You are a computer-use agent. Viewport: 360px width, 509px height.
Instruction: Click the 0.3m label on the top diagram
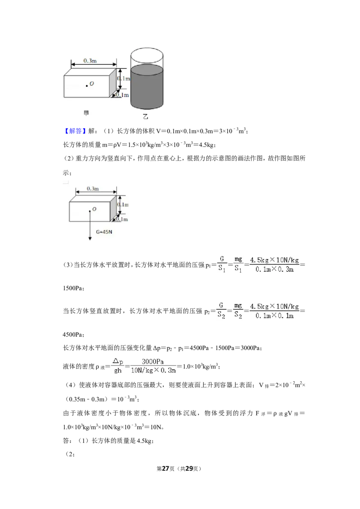click(x=90, y=61)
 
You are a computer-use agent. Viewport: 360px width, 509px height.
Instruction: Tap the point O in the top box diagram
click(x=87, y=86)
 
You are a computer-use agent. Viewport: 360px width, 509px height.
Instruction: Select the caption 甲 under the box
click(x=86, y=113)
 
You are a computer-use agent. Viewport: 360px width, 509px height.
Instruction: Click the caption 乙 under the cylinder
click(x=145, y=116)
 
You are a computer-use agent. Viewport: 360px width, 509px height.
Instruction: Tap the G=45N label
click(x=104, y=232)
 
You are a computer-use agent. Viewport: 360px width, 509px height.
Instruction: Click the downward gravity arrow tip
click(x=90, y=240)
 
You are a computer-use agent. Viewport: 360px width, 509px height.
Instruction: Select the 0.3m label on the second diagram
click(x=93, y=188)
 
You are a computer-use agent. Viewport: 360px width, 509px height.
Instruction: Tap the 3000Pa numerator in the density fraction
click(x=153, y=362)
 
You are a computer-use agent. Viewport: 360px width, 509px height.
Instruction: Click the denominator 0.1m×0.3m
click(x=274, y=269)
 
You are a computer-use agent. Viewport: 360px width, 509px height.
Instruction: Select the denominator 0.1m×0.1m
click(x=274, y=316)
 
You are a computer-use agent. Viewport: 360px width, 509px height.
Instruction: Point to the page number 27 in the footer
click(x=166, y=469)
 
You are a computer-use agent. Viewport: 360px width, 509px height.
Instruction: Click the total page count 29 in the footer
click(x=189, y=469)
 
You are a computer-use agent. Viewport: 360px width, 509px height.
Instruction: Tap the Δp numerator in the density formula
click(x=117, y=362)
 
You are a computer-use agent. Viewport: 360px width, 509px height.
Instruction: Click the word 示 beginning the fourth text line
click(x=66, y=173)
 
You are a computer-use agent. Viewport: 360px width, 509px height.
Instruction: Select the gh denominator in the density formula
click(x=117, y=371)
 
